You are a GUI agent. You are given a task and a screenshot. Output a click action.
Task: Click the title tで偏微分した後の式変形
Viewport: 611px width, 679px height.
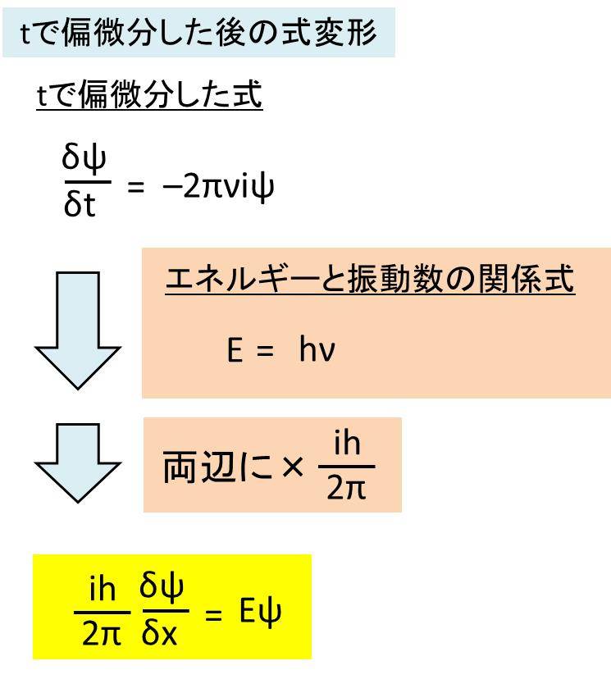(x=198, y=33)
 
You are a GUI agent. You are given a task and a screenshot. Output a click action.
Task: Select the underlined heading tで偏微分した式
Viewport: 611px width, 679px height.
(x=149, y=94)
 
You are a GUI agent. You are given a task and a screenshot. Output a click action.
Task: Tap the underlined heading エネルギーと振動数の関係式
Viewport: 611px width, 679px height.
(x=370, y=280)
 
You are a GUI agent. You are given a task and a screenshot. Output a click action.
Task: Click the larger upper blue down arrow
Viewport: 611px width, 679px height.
(x=78, y=330)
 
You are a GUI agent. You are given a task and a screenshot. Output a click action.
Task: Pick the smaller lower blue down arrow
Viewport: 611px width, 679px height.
(x=78, y=463)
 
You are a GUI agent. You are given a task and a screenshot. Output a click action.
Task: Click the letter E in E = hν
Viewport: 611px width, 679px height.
(x=235, y=350)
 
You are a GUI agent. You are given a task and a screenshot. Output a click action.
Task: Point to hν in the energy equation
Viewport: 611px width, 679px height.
(x=317, y=349)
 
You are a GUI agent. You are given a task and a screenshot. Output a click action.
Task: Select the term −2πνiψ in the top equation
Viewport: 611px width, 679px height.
(x=218, y=187)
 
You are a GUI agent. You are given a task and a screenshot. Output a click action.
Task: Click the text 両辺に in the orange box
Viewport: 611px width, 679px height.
(x=218, y=467)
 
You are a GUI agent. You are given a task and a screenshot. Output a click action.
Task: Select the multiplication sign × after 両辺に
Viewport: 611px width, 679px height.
(x=292, y=467)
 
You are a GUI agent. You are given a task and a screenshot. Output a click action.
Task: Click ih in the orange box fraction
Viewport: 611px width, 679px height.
(x=347, y=444)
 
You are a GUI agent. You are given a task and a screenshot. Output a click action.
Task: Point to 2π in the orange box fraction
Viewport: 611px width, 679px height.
(x=346, y=488)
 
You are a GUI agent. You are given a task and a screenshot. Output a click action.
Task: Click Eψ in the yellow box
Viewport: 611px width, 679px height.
(x=261, y=613)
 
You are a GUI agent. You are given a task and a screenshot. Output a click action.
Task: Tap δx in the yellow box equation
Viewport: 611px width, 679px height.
(x=159, y=635)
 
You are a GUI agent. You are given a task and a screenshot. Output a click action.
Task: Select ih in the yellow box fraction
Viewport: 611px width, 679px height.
(x=103, y=589)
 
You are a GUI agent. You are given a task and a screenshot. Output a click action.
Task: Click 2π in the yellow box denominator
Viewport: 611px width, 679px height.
(x=102, y=635)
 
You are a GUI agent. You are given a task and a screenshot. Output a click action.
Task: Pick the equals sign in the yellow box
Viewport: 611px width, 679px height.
(x=213, y=615)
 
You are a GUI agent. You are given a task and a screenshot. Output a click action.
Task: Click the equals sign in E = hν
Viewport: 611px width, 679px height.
(x=265, y=351)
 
